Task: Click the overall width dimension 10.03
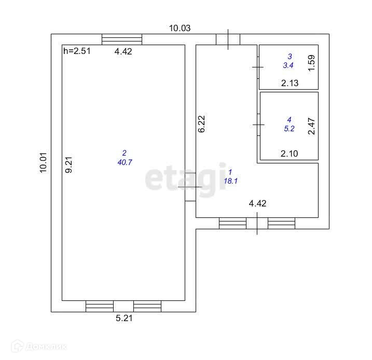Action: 180,29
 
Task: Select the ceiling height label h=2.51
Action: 76,51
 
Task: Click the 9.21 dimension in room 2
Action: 68,165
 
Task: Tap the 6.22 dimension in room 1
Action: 202,124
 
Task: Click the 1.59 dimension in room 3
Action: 311,63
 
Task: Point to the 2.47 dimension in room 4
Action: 311,127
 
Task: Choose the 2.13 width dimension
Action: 290,83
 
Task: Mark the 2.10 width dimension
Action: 290,154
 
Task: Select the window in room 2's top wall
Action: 122,39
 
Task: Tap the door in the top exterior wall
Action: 228,39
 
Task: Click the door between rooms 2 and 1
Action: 190,187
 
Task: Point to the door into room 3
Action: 258,67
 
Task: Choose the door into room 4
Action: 258,125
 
